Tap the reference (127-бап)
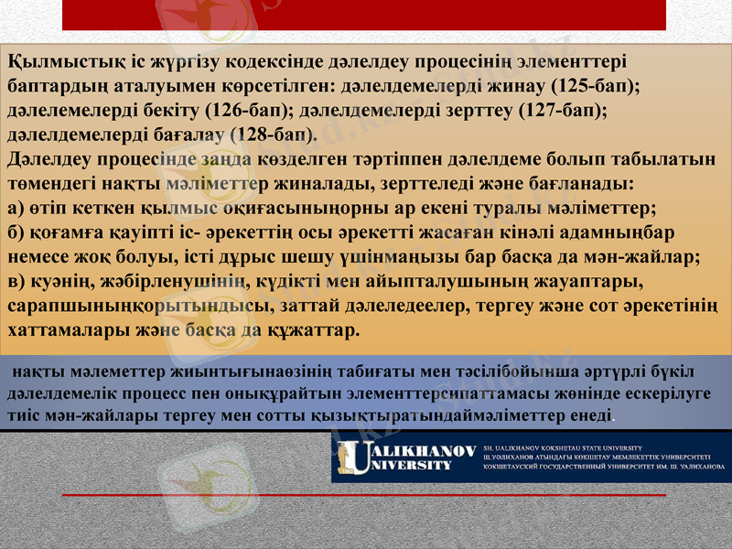pyautogui.click(x=561, y=110)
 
